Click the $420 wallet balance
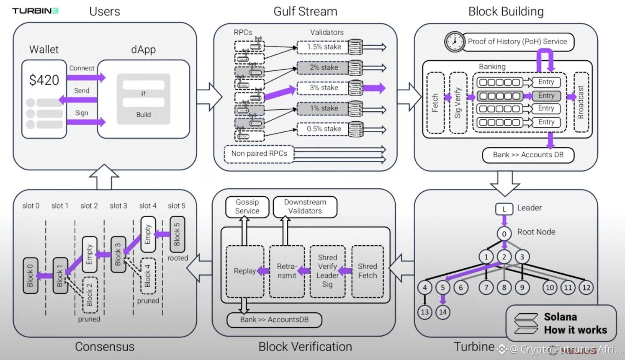[x=44, y=80]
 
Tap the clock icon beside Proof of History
[x=455, y=41]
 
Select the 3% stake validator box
[x=323, y=88]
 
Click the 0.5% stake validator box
[x=323, y=129]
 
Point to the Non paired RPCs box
[x=259, y=154]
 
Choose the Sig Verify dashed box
[x=458, y=103]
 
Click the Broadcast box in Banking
[x=581, y=102]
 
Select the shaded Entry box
[x=546, y=96]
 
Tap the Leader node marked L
[x=504, y=209]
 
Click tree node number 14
[x=443, y=312]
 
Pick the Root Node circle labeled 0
[x=504, y=234]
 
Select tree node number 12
[x=586, y=288]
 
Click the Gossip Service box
[x=247, y=207]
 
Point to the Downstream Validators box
[x=305, y=207]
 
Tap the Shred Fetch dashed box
[x=368, y=272]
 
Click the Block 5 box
[x=177, y=234]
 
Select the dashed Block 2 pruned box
[x=90, y=295]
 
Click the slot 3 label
[x=118, y=206]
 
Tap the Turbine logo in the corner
[x=35, y=11]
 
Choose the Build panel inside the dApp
[x=144, y=99]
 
